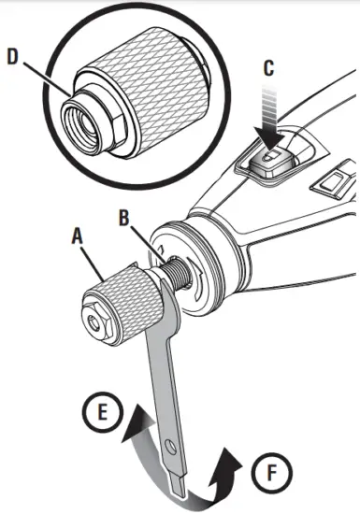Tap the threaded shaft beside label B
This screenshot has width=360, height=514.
(x=170, y=274)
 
